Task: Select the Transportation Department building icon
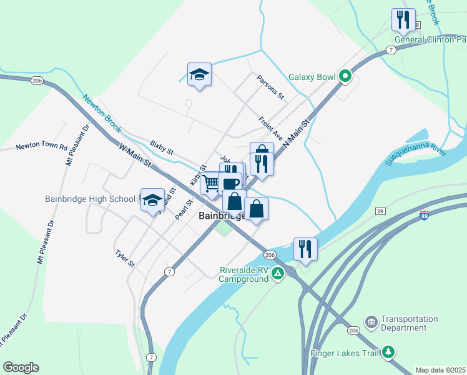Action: [x=371, y=322]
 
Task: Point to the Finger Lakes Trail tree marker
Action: [x=389, y=352]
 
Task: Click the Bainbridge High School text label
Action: [x=90, y=199]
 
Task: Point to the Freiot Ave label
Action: [x=271, y=128]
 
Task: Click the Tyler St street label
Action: [x=125, y=258]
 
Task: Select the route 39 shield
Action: [x=379, y=212]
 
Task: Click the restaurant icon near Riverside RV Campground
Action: [x=305, y=248]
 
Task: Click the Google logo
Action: [x=21, y=367]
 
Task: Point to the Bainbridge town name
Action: [x=222, y=216]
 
